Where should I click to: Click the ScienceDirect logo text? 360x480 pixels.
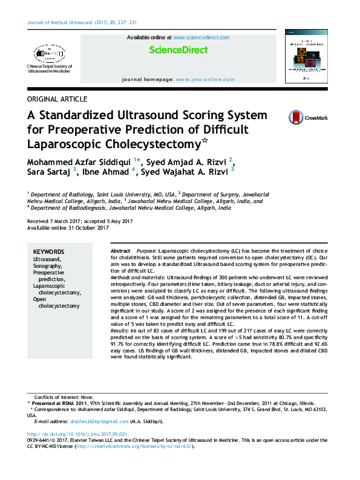click(x=178, y=50)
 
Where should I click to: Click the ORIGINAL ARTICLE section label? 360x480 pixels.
click(x=57, y=99)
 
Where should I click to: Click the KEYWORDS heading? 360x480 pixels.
click(x=48, y=251)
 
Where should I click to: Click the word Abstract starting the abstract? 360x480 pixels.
click(x=120, y=250)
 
